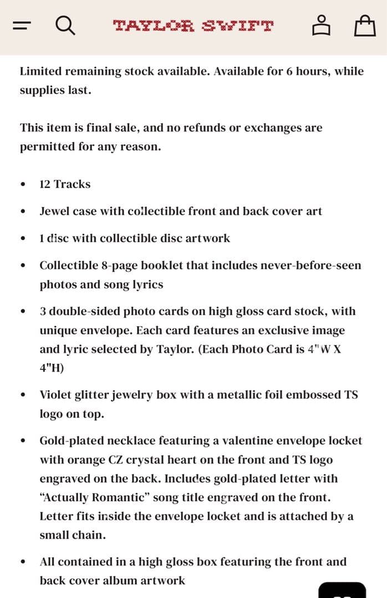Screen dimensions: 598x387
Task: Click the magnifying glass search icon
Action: click(x=65, y=25)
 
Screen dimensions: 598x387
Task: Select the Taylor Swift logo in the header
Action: click(x=193, y=25)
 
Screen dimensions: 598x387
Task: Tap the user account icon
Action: click(x=320, y=25)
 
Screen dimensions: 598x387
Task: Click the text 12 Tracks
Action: click(x=65, y=184)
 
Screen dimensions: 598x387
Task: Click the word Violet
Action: click(x=56, y=395)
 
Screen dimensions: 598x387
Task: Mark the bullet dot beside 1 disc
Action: click(x=23, y=239)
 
